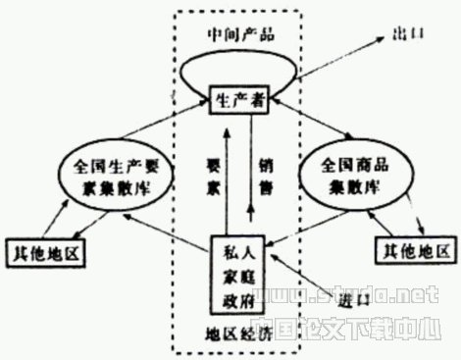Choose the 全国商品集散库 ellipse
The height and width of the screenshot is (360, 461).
[x=361, y=177]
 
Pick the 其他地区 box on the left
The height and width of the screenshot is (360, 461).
[x=46, y=252]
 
